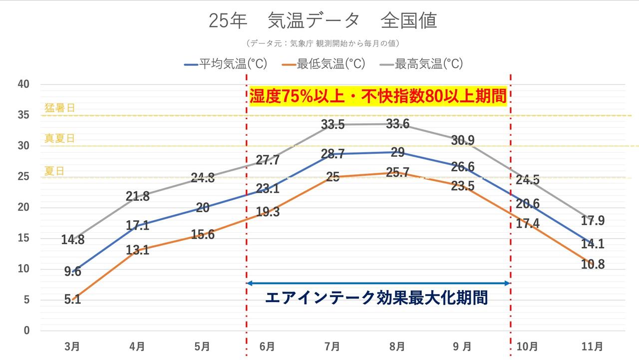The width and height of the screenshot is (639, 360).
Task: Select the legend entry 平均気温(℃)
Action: tap(227, 64)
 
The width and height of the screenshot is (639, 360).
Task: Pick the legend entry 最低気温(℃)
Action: tap(324, 64)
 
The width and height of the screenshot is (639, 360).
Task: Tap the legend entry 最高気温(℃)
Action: tap(422, 64)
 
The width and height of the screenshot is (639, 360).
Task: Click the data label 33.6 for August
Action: tap(398, 124)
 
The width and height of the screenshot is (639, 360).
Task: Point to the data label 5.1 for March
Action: tap(72, 300)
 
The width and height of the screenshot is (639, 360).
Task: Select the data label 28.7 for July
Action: tap(332, 154)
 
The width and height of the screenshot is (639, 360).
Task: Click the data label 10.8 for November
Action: tap(593, 265)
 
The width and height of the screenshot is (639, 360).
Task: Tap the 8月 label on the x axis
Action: tap(398, 346)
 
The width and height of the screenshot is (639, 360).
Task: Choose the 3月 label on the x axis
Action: tap(72, 346)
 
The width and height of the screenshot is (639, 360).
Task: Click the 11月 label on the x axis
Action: tap(593, 346)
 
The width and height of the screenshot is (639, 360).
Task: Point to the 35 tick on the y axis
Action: tap(24, 115)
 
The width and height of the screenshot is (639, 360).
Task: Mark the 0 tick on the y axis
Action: tap(27, 331)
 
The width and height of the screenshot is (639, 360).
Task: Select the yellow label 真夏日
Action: tap(59, 138)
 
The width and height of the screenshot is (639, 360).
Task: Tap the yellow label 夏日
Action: tap(54, 171)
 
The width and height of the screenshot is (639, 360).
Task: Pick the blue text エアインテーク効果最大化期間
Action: tap(376, 298)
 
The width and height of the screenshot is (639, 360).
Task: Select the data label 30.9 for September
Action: tap(463, 141)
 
